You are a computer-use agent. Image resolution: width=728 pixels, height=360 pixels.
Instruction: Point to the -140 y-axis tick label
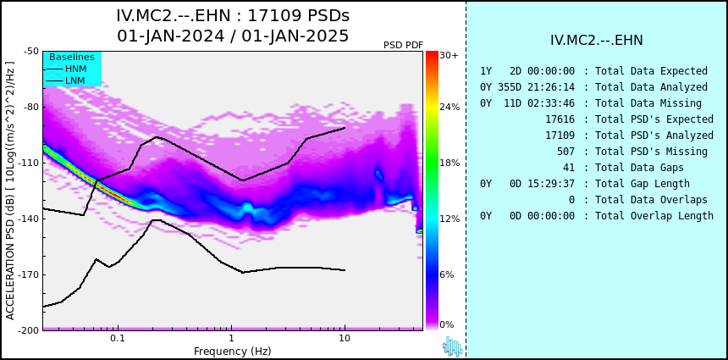click(x=29, y=219)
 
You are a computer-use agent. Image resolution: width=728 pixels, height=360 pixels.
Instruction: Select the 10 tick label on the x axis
click(x=344, y=339)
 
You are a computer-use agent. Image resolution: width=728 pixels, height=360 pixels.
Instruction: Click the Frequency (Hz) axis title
click(x=233, y=350)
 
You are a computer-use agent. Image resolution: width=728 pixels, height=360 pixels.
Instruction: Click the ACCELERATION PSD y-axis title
click(x=10, y=191)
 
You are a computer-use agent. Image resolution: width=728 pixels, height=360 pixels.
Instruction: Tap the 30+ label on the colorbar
click(x=449, y=55)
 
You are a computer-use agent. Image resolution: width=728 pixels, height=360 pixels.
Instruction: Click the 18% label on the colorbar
click(x=449, y=163)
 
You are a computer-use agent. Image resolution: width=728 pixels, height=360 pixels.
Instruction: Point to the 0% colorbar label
click(x=447, y=324)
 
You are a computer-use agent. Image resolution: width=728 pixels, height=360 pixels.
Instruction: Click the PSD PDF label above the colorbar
click(x=404, y=45)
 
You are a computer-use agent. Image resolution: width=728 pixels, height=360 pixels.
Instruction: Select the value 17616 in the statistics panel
click(x=560, y=119)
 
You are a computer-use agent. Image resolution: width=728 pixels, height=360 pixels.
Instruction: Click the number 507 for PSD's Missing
click(x=565, y=152)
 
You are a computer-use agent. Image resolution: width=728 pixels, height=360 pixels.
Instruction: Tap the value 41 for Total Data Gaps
click(x=568, y=167)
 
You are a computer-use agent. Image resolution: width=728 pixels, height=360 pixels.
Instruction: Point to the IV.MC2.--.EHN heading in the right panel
click(x=597, y=41)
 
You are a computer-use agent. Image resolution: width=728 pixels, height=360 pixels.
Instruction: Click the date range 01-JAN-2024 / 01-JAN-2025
click(x=233, y=36)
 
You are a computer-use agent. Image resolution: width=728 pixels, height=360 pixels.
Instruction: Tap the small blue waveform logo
click(x=453, y=346)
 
